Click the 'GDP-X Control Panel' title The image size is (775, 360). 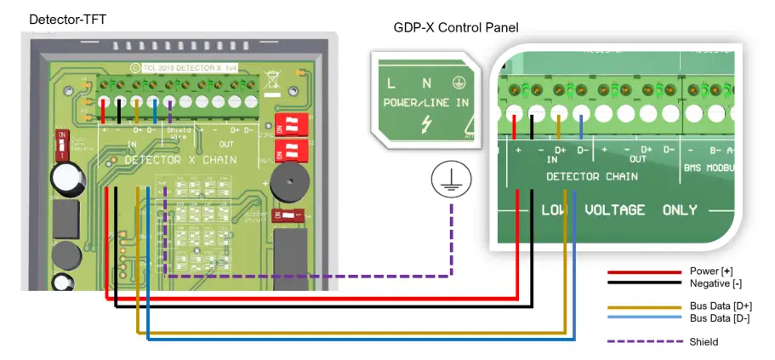(456, 27)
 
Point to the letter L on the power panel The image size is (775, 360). (390, 83)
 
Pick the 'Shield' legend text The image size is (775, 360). (704, 341)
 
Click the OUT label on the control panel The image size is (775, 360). (637, 158)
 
